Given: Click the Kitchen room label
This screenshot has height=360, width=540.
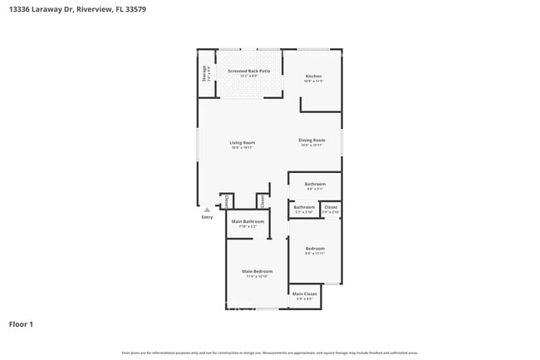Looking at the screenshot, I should click(312, 76).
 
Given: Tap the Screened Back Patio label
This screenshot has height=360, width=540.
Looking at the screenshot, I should click(249, 72).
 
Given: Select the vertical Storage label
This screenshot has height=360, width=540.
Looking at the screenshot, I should click(205, 74).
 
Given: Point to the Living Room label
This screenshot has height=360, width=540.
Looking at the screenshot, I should click(243, 143).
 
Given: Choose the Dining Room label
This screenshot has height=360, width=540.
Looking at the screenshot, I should click(312, 140).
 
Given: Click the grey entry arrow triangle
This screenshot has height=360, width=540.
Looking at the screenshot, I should click(207, 210).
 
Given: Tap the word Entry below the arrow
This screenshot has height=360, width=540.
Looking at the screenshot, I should click(207, 217).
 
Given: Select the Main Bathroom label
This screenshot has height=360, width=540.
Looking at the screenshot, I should click(248, 221).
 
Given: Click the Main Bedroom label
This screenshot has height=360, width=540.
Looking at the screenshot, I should click(258, 272).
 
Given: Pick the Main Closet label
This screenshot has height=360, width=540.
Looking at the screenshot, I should click(305, 294).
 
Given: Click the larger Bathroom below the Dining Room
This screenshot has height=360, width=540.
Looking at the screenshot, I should click(315, 184).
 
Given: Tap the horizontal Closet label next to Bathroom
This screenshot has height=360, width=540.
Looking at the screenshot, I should click(331, 207).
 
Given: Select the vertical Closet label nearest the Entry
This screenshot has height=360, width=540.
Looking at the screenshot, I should click(226, 201).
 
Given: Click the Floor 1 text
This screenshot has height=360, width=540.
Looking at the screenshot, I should click(21, 323).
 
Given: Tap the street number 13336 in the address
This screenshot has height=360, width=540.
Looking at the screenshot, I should click(19, 9).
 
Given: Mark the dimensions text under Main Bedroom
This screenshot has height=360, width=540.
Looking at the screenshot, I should click(258, 277).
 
